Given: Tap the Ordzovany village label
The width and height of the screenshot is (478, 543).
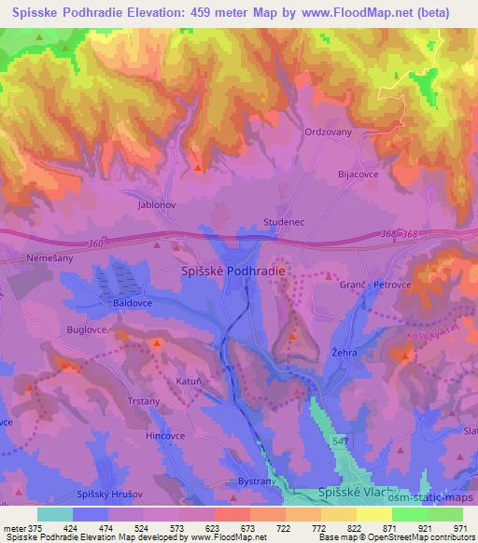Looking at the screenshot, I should [329, 132].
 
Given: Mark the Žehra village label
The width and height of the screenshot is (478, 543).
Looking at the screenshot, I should [344, 354].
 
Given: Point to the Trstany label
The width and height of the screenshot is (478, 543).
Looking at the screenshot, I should [144, 402].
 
